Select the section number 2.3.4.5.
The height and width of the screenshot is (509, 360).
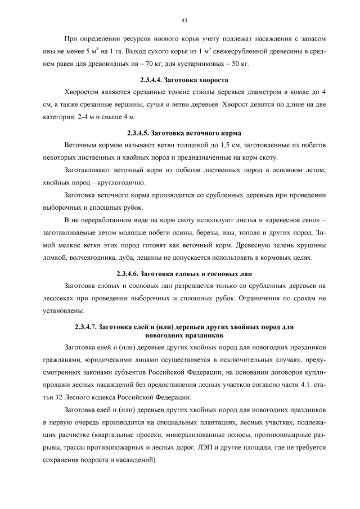[x=144, y=133]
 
